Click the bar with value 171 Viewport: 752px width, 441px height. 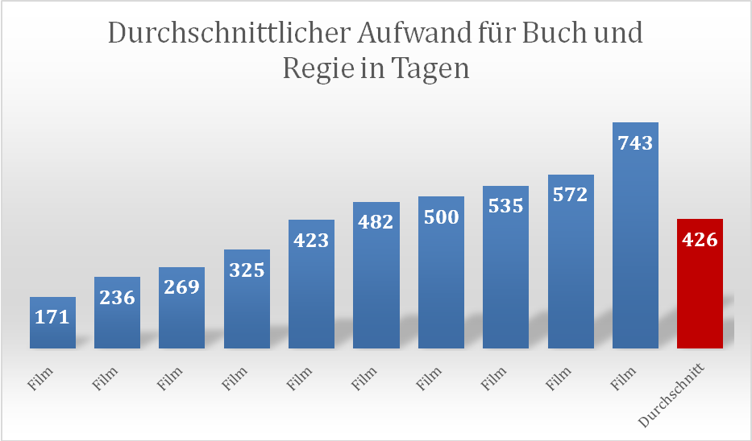tap(52, 322)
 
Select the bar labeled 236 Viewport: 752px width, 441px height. tap(117, 312)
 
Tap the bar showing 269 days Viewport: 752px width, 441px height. tap(182, 307)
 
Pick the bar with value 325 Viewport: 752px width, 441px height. tap(247, 299)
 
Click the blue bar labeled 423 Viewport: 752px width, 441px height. tap(311, 284)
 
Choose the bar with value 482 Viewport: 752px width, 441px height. tap(376, 275)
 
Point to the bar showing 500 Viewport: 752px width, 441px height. tap(441, 272)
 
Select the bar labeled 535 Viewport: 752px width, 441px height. tap(506, 266)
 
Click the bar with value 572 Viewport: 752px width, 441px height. tap(571, 262)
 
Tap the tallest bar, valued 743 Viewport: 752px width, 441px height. tap(635, 235)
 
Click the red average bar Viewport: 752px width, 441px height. tap(700, 283)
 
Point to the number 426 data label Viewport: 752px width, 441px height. tap(700, 240)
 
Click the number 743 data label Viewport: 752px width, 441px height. tap(635, 142)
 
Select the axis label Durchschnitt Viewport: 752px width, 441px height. tap(671, 395)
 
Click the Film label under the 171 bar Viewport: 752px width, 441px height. tap(40, 379)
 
